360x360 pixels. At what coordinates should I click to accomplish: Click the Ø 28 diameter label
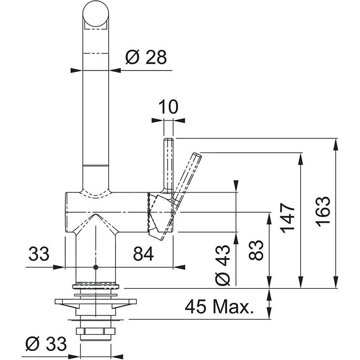point(146,57)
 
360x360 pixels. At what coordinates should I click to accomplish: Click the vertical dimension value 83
point(256,250)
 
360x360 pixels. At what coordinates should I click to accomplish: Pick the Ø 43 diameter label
point(223,265)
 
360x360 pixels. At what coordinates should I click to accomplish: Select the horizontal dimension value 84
point(143,253)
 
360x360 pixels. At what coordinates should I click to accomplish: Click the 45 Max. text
point(219,308)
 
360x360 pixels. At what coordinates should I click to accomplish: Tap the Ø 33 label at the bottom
point(46,345)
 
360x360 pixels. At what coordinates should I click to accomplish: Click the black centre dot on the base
point(96,267)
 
